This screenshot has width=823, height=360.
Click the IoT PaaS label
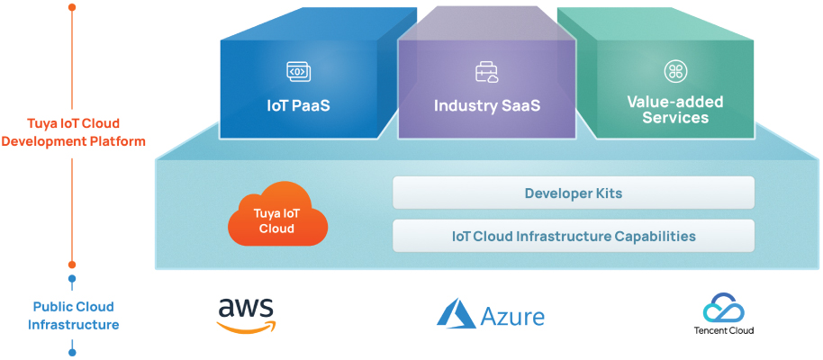click(298, 105)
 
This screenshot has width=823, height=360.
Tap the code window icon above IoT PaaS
click(298, 70)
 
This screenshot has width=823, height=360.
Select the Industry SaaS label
click(486, 105)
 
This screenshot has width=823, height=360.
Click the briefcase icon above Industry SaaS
click(486, 71)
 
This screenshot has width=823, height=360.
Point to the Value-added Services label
click(674, 110)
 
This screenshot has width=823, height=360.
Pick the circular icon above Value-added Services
click(674, 71)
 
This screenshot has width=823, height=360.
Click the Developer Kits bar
click(573, 193)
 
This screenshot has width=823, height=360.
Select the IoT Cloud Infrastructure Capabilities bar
click(573, 237)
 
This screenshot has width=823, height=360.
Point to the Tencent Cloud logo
click(724, 315)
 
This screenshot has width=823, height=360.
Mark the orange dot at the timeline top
click(72, 7)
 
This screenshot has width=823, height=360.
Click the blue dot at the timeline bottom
click(72, 352)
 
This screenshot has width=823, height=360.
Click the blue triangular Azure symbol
click(457, 313)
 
